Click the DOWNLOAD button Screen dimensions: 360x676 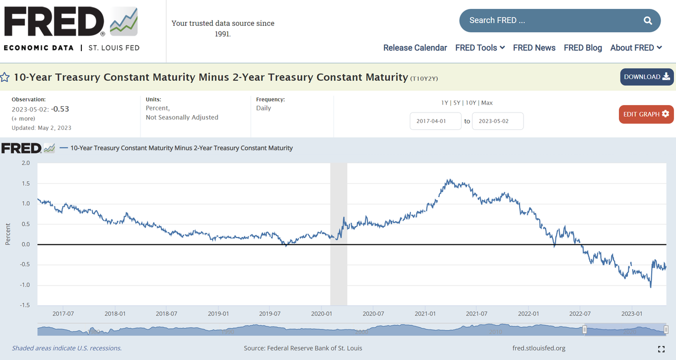647,77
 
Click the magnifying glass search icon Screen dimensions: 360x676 648,21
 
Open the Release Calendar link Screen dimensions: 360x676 415,48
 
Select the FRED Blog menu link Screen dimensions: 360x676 583,48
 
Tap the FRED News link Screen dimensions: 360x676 534,48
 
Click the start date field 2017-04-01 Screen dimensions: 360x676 435,121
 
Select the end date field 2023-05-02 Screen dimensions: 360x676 497,121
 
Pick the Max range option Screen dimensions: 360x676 487,103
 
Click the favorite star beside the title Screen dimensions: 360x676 5,78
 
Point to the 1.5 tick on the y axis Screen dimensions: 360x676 25,184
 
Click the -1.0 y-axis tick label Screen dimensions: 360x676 24,285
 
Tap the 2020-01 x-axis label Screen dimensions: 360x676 321,314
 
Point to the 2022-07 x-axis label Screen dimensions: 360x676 579,314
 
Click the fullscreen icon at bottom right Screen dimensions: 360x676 661,349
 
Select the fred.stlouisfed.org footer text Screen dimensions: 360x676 539,348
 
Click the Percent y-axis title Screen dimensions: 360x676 8,234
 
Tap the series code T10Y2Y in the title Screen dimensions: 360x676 425,79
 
